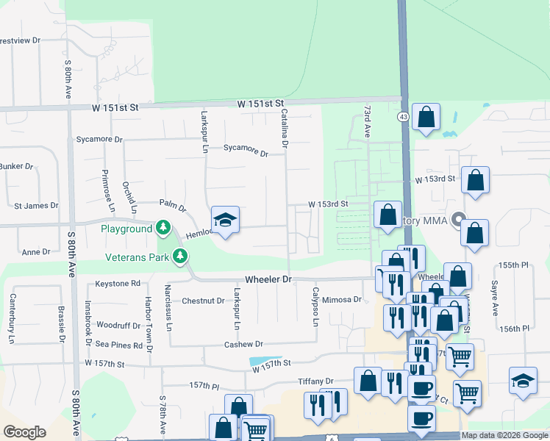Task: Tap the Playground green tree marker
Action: point(164,229)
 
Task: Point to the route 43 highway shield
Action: point(403,117)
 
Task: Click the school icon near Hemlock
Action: point(226,220)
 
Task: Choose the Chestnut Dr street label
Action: point(203,301)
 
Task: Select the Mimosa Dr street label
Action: point(343,300)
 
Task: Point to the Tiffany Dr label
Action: point(315,381)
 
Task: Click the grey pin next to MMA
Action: point(460,220)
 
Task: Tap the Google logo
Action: point(24,432)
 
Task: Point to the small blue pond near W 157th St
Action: point(261,362)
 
